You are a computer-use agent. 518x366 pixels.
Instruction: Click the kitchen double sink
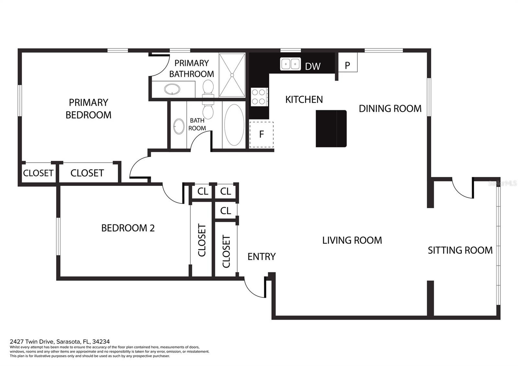[290, 64]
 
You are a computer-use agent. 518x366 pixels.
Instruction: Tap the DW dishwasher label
[313, 66]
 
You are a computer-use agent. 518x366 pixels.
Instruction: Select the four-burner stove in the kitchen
[259, 97]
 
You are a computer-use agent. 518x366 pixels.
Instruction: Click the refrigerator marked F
[262, 134]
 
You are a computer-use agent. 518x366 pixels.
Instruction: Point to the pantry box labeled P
[348, 62]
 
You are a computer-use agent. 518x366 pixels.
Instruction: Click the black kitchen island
[331, 129]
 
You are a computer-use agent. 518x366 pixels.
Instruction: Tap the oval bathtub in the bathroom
[234, 125]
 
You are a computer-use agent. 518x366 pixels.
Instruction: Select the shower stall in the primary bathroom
[232, 75]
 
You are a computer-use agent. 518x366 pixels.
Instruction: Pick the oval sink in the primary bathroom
[172, 89]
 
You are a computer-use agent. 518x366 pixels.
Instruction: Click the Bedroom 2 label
[128, 228]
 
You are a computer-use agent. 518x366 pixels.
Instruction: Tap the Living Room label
[352, 240]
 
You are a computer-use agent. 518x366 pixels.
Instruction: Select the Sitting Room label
[460, 250]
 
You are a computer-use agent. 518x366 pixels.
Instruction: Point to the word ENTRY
[262, 257]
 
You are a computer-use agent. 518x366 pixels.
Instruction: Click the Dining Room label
[390, 109]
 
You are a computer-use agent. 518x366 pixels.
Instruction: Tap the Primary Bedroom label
[89, 109]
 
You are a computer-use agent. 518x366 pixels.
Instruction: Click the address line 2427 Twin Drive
[60, 341]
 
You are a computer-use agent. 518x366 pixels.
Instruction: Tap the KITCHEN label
[304, 99]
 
